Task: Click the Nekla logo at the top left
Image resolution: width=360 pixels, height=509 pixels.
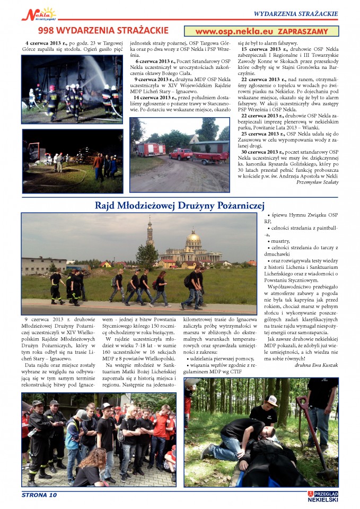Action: (x=38, y=13)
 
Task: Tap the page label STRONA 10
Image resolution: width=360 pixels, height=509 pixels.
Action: (x=39, y=495)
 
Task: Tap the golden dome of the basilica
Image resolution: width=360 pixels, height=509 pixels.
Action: (x=194, y=236)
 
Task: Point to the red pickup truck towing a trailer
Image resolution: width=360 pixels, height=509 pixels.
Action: (x=181, y=154)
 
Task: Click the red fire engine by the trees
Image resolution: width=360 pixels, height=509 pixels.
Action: (x=151, y=149)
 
